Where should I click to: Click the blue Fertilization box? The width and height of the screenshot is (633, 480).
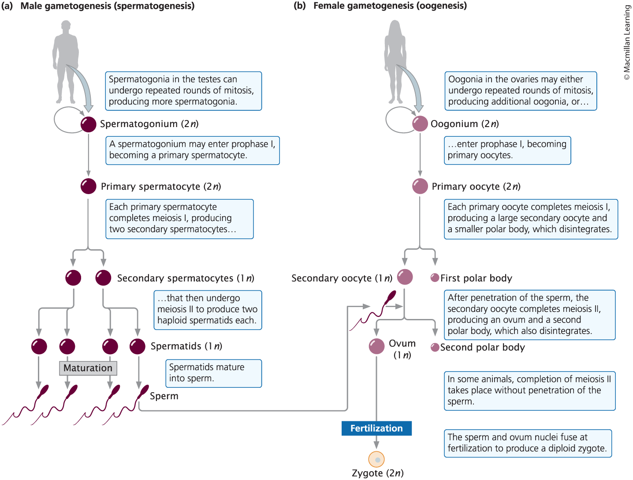point(376,428)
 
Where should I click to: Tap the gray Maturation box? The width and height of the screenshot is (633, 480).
point(88,368)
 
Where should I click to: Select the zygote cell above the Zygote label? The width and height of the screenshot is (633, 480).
point(376,459)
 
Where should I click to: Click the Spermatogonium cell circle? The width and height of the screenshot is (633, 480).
point(89,124)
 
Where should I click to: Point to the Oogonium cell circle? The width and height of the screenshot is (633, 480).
point(420,124)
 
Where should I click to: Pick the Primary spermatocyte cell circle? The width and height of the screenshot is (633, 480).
point(89,186)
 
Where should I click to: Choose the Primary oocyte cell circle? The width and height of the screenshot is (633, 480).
point(420,186)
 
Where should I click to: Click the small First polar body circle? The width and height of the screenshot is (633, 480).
point(435,277)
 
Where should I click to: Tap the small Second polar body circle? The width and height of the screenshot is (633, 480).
point(435,347)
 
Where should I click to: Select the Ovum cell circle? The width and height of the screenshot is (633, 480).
point(376,346)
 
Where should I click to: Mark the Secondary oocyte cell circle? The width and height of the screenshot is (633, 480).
point(405,277)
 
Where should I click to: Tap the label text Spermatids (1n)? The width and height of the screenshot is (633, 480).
point(186,346)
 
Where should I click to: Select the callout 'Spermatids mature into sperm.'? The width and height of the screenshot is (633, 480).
point(213,373)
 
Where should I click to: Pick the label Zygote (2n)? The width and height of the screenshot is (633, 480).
point(378,473)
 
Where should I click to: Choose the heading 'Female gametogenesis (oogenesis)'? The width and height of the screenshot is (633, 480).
point(390,6)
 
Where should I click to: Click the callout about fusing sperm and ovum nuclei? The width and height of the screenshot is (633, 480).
point(528,443)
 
